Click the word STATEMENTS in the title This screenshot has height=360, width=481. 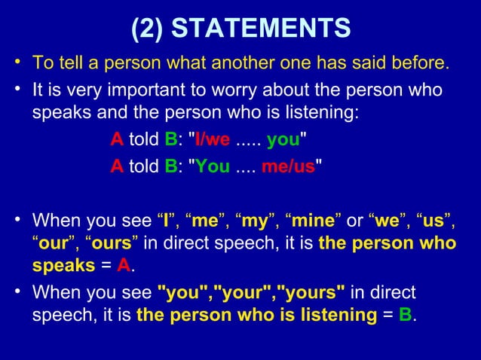(262, 28)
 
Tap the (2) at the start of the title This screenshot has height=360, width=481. (148, 28)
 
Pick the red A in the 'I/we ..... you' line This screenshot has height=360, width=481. (117, 139)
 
